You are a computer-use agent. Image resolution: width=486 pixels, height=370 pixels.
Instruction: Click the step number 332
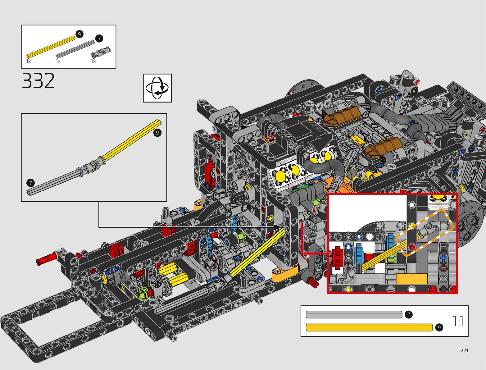click(x=38, y=81)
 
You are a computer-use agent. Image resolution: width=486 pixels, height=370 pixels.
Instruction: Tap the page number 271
click(x=464, y=350)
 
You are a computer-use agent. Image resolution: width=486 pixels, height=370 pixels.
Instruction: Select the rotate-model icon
click(x=157, y=88)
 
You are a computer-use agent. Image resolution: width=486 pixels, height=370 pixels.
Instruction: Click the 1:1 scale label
click(x=458, y=321)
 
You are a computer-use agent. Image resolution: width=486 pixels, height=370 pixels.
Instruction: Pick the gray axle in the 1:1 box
click(x=354, y=315)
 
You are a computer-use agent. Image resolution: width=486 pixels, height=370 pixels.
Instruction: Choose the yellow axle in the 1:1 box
click(x=369, y=327)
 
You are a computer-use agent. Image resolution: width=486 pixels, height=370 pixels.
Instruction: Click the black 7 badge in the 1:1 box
click(x=409, y=315)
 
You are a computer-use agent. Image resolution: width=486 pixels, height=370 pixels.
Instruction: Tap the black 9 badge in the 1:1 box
click(x=439, y=327)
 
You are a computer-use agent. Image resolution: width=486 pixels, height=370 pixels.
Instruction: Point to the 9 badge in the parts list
click(x=79, y=34)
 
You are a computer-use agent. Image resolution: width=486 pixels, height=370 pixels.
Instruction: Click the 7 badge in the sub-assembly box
click(x=30, y=183)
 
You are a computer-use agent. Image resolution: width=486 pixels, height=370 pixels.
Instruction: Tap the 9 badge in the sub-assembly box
click(x=157, y=133)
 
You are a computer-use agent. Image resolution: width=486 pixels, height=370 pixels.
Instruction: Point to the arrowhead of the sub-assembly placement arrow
click(x=279, y=227)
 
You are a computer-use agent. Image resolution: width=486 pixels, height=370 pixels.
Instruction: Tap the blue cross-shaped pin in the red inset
click(x=443, y=258)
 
